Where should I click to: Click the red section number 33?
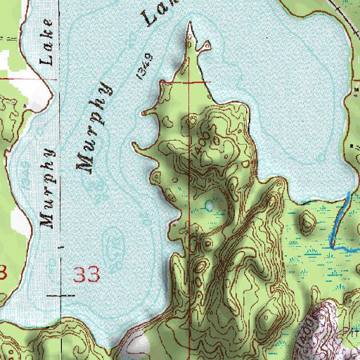88,274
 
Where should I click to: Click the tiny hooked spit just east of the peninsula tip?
205,46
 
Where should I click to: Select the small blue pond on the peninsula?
210,206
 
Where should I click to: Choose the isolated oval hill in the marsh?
307,224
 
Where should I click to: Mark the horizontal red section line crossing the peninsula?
190,82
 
